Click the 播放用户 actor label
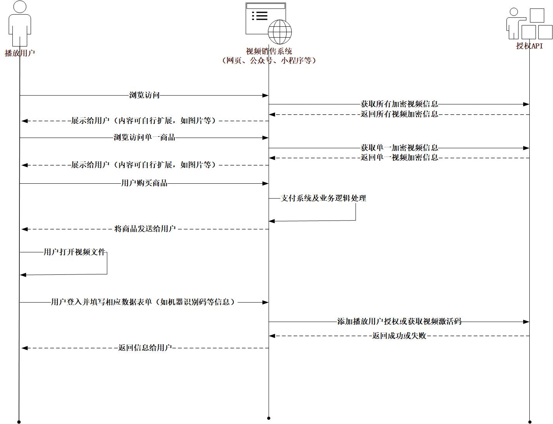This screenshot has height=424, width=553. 20,53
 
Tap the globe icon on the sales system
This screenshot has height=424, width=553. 280,32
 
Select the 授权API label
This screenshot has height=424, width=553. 529,46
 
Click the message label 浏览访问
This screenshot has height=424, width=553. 144,95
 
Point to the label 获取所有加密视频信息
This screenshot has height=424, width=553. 399,104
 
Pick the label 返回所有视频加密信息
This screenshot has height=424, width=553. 399,114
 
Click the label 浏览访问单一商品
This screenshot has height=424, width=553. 144,137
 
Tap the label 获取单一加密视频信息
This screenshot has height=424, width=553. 399,148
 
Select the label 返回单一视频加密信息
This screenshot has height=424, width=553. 399,157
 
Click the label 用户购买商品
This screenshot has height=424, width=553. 144,183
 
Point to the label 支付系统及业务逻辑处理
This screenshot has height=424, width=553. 323,198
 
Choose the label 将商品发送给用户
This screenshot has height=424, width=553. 145,229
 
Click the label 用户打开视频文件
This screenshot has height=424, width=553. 74,252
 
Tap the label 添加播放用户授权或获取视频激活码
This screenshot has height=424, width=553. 399,321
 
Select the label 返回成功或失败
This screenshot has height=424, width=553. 399,336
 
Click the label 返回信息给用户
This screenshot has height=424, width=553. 145,347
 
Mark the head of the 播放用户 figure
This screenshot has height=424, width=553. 20,7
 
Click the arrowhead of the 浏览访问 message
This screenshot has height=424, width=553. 265,95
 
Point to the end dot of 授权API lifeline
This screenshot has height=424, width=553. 530,422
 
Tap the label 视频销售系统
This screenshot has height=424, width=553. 269,51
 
